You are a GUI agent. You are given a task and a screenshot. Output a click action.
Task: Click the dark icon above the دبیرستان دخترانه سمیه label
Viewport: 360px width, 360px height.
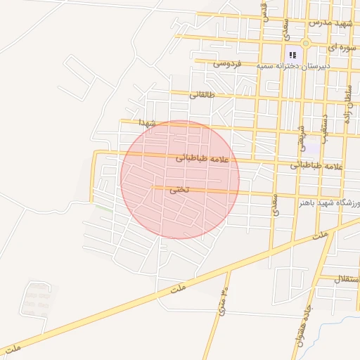pyautogui.click(x=292, y=54)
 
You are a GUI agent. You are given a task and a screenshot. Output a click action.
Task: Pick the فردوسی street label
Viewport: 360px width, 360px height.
pyautogui.click(x=227, y=65)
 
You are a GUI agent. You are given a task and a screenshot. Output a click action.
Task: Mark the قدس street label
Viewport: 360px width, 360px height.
pyautogui.click(x=266, y=12)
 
